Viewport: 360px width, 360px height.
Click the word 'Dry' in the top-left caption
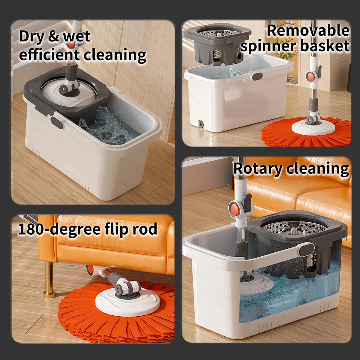(x=31, y=36)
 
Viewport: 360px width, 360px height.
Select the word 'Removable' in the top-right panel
(x=308, y=30)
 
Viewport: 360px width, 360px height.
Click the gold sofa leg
(x=49, y=280)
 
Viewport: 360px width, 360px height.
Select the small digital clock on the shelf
(x=291, y=80)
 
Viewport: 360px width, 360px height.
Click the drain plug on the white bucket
(x=201, y=124)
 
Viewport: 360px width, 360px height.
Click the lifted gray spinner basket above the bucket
(x=217, y=44)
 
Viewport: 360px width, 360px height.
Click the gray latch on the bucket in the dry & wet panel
(x=57, y=122)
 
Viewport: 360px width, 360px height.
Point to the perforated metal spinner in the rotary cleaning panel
(x=294, y=228)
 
